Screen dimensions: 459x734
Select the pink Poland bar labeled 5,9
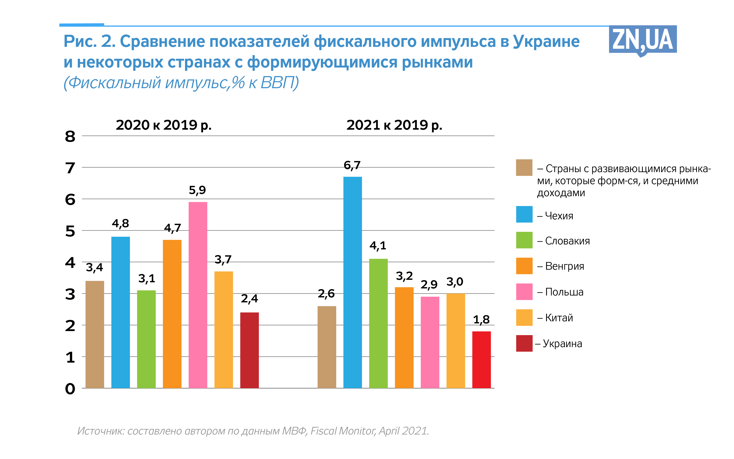point(198,295)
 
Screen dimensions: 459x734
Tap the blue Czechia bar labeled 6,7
point(352,282)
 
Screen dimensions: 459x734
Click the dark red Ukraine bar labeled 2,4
point(249,350)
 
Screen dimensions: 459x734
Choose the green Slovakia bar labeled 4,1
point(378,323)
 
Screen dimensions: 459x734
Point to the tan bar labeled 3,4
point(95,334)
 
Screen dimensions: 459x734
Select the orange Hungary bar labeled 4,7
point(172,314)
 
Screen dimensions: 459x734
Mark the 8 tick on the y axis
point(70,137)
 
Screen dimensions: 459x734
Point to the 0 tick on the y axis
point(70,389)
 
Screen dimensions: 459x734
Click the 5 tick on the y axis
point(70,231)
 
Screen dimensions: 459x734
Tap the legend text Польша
point(564,292)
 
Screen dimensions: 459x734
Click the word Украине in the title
point(546,42)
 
